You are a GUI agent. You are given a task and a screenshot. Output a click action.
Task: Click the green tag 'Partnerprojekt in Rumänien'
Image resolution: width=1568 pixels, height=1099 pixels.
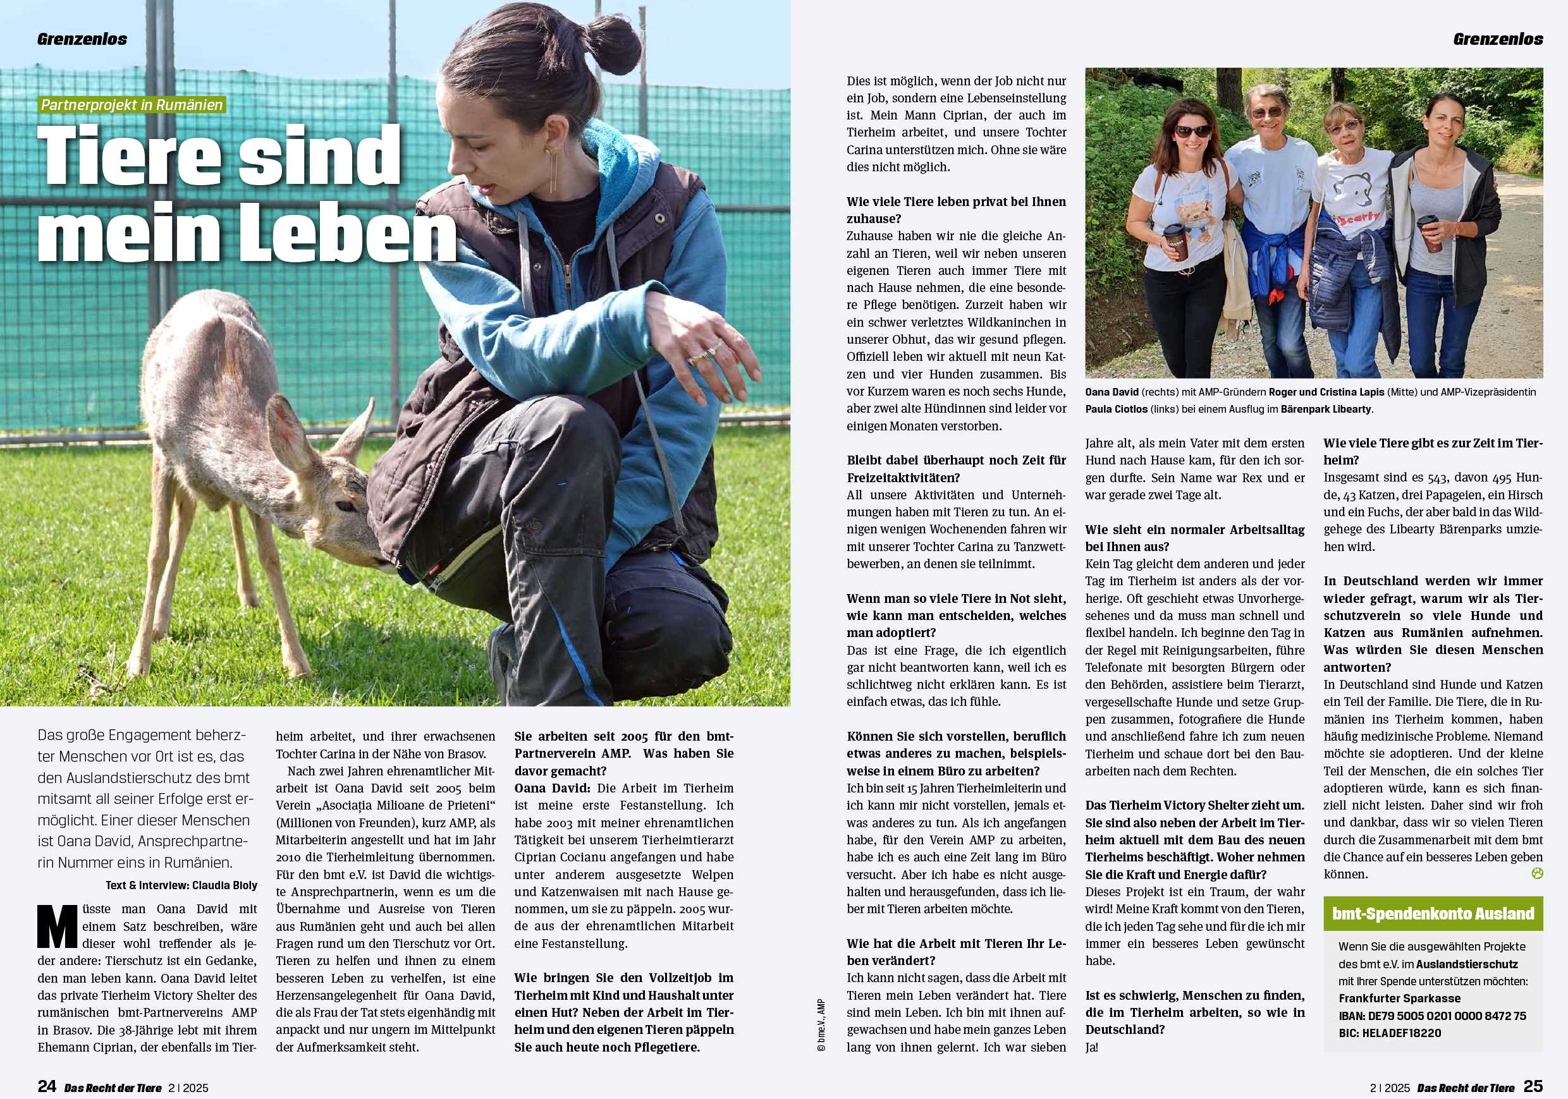pyautogui.click(x=132, y=105)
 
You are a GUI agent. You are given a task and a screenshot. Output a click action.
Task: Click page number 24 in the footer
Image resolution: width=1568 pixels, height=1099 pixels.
pyautogui.click(x=46, y=1086)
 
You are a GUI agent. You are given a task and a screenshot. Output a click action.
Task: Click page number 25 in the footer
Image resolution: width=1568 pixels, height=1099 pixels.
pyautogui.click(x=1533, y=1086)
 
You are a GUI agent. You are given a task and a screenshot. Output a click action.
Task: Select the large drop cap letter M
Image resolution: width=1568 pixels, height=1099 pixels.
pyautogui.click(x=58, y=926)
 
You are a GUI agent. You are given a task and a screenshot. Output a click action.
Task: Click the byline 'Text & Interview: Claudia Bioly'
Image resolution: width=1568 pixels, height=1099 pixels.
pyautogui.click(x=181, y=885)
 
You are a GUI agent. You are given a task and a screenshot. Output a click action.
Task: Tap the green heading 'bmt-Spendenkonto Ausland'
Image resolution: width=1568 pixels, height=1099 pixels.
pyautogui.click(x=1433, y=913)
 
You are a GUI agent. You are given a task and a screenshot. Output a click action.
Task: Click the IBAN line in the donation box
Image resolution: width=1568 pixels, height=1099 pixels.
pyautogui.click(x=1432, y=1016)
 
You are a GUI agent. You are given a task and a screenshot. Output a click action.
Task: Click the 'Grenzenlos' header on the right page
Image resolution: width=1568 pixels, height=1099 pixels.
pyautogui.click(x=1498, y=39)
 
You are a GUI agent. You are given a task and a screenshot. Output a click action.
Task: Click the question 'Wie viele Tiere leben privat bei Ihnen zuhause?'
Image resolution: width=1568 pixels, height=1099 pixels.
pyautogui.click(x=956, y=210)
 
